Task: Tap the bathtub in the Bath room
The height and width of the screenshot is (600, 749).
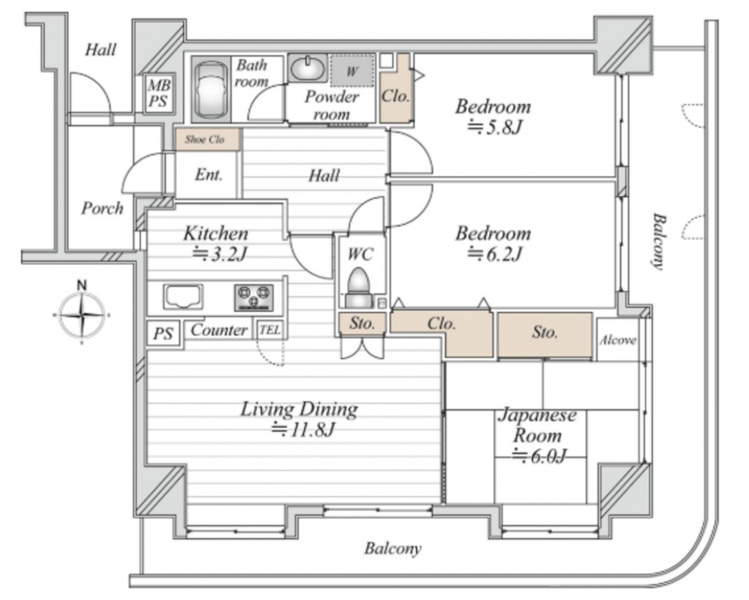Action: coord(210,90)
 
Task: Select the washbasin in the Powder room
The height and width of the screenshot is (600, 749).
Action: coord(307,68)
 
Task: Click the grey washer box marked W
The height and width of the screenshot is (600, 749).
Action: coord(353,71)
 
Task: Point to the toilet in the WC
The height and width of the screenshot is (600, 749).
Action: coord(359,287)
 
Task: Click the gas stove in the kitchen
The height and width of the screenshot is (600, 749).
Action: coord(254,297)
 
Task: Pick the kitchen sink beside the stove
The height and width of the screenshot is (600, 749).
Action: coord(183,297)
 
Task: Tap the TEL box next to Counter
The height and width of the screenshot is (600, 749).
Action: coord(270,330)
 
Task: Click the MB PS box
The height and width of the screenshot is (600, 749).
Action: coord(159,93)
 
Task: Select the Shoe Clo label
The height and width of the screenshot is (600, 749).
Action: coord(205,139)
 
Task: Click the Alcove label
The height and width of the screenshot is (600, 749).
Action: coord(618,340)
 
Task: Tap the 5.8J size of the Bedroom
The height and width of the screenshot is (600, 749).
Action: coord(495,127)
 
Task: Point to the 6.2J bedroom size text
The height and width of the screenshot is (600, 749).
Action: coord(495,254)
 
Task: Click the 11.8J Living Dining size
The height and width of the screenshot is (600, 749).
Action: coord(303,430)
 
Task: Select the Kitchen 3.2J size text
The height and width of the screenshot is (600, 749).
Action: coord(219,254)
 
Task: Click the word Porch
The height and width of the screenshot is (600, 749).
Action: coord(102,208)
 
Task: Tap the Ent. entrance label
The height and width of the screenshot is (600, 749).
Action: coord(209,175)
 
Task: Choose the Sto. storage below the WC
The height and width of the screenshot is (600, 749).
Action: coord(362,323)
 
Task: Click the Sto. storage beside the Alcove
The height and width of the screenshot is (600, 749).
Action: coord(545,334)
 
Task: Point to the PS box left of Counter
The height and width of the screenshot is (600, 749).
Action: coord(163,333)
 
